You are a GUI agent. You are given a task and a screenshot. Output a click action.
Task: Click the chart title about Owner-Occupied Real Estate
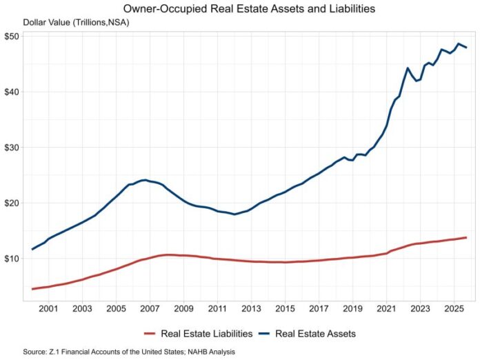click(240, 9)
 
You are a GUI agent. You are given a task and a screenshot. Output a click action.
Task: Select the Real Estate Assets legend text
click(315, 334)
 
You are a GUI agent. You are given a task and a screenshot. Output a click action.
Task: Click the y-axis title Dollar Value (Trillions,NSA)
click(76, 23)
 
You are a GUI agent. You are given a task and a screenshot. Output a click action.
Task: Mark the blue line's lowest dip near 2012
click(234, 214)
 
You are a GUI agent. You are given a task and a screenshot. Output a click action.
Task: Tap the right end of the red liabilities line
click(466, 237)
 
